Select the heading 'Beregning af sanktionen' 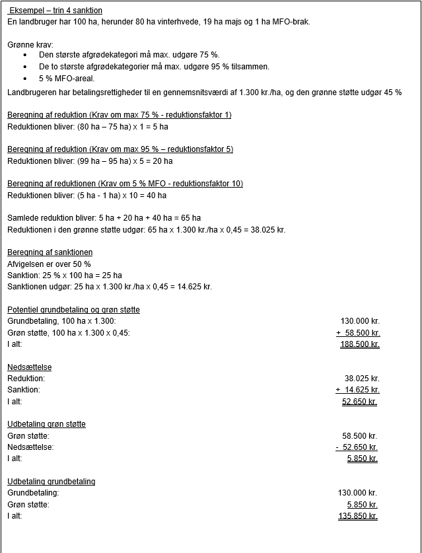[50, 252]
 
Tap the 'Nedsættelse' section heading [30, 367]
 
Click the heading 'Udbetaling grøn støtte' [46, 424]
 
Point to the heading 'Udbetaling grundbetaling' [51, 482]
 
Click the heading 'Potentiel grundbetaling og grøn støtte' [73, 310]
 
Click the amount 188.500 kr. [359, 344]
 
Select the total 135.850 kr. [357, 516]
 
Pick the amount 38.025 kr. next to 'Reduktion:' [362, 379]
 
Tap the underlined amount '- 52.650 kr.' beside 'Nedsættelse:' [357, 447]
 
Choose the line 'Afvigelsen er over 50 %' [49, 264]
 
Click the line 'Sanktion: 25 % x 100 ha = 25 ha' [65, 276]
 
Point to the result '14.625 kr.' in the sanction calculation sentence [194, 287]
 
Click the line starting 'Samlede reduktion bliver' [104, 218]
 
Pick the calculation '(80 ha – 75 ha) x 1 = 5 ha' [123, 126]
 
